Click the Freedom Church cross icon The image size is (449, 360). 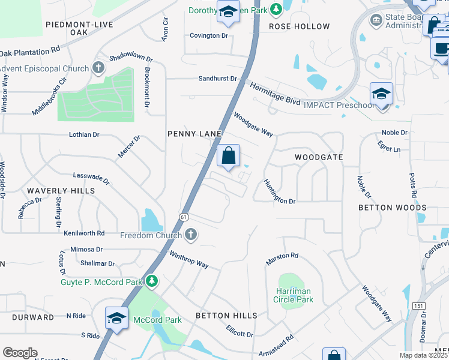(191, 235)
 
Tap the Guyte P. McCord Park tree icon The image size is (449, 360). (152, 281)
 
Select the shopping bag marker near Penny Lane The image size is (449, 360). (228, 157)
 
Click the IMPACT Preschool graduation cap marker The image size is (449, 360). (381, 95)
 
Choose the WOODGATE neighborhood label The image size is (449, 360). (318, 157)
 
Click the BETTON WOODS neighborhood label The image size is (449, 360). (392, 208)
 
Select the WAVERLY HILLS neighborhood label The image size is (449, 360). (61, 191)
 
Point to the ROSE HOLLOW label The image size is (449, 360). (299, 26)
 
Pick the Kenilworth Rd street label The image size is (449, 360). (84, 233)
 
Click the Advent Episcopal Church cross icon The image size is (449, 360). (99, 68)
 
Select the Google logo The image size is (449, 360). (20, 353)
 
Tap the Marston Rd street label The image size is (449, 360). (282, 259)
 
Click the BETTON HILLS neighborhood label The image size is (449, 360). (226, 316)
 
